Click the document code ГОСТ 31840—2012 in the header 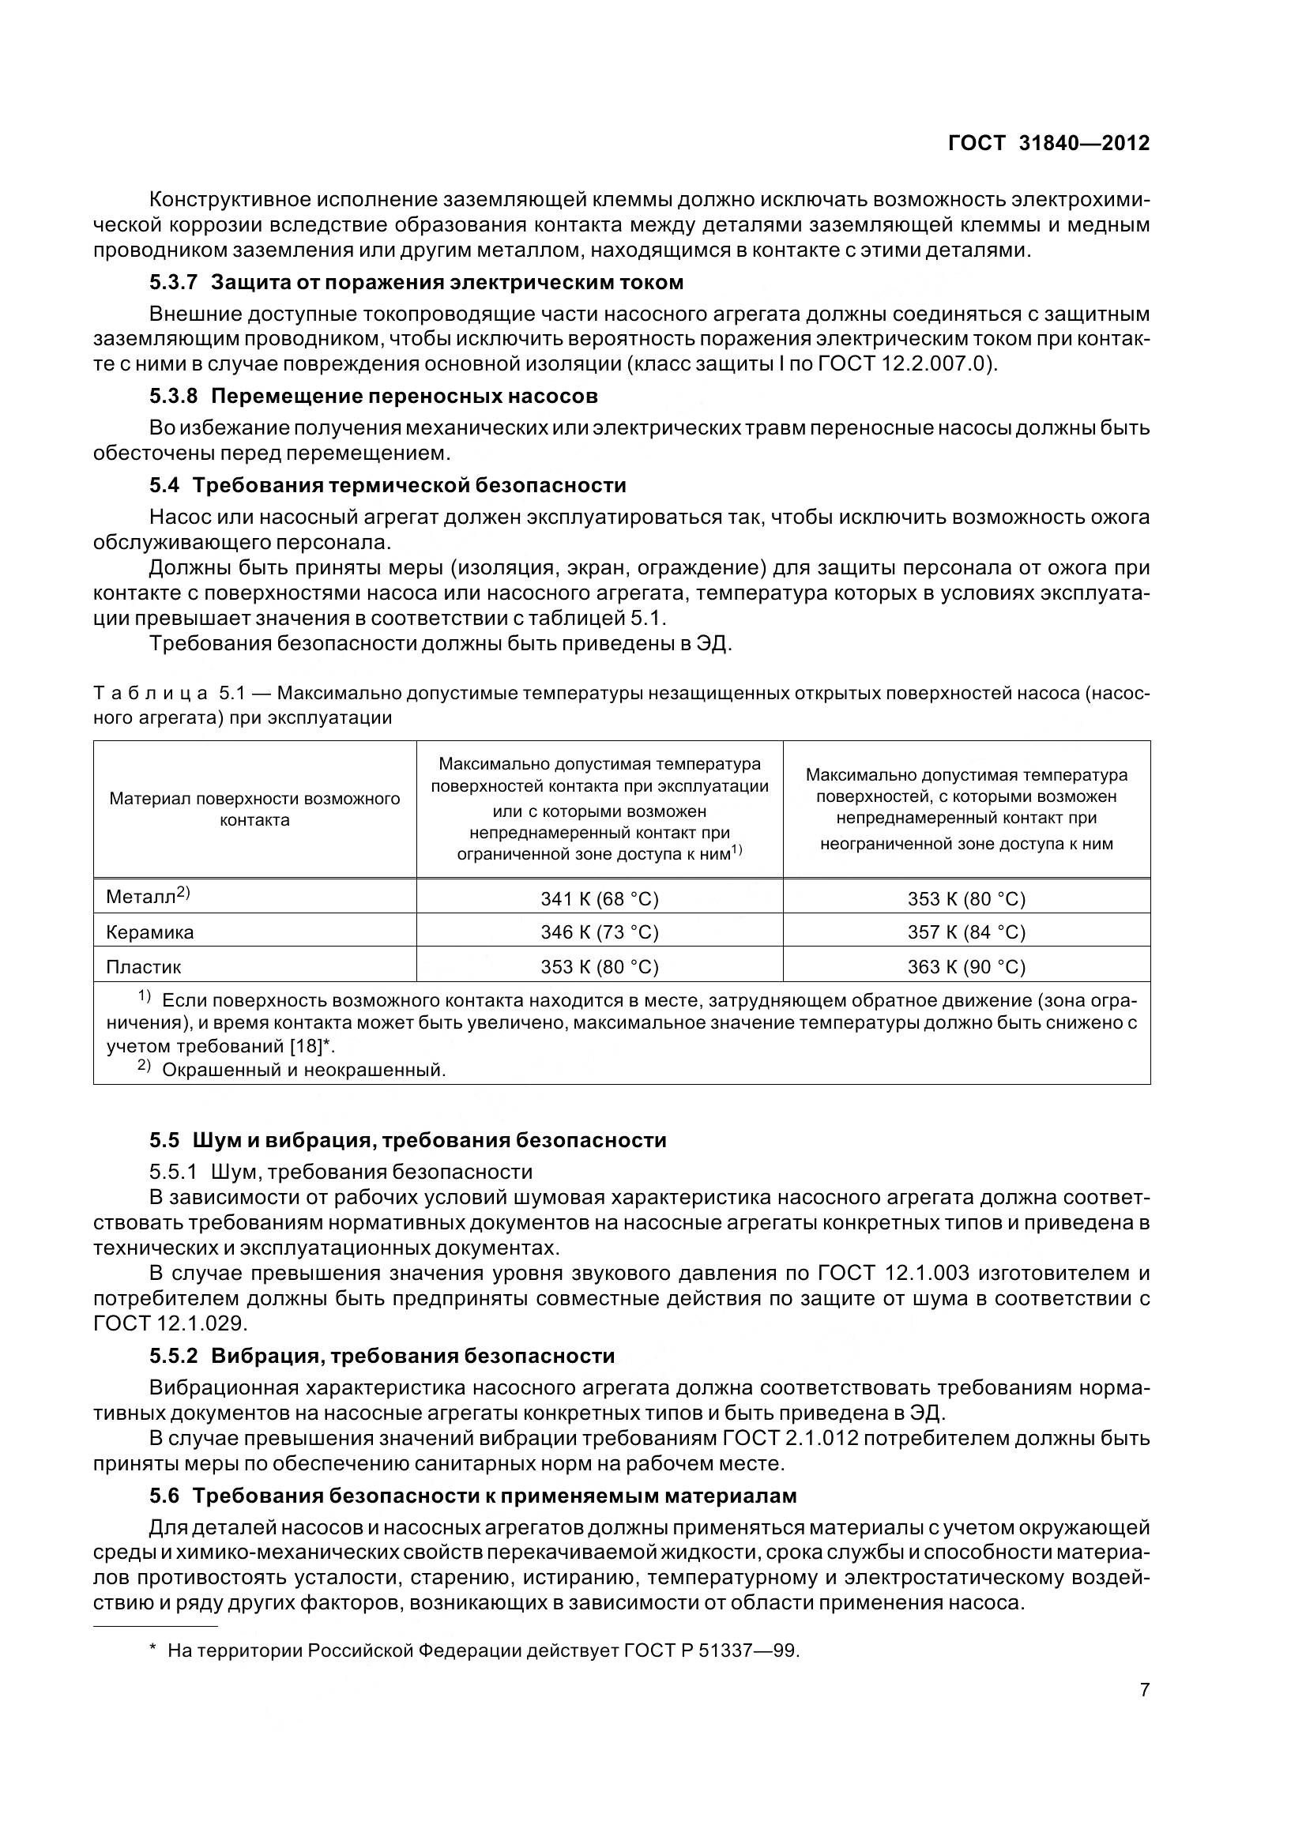point(1048,143)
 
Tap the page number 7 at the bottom point(1144,1689)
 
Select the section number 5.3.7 point(173,283)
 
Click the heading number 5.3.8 point(173,396)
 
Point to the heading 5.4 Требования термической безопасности point(387,485)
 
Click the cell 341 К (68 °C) point(600,898)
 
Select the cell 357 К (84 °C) point(966,932)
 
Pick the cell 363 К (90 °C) point(966,966)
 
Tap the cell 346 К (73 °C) point(600,932)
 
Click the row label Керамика point(149,932)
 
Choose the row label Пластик point(143,966)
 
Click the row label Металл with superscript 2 point(147,896)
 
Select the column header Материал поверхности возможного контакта point(254,809)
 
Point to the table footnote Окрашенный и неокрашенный point(303,1070)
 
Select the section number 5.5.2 point(173,1357)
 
